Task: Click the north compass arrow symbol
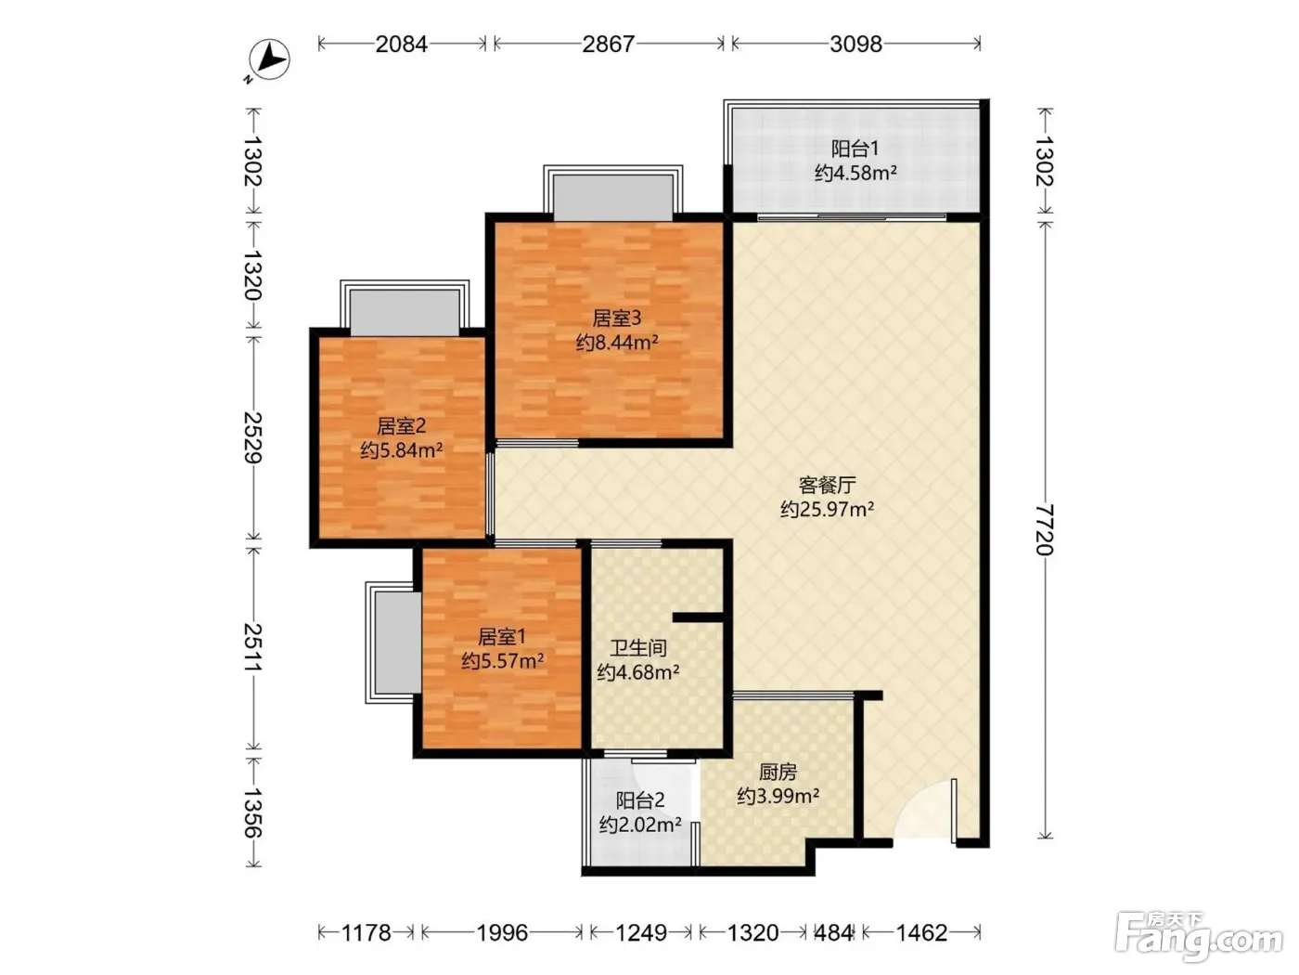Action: pyautogui.click(x=269, y=59)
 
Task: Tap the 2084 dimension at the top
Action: pyautogui.click(x=401, y=44)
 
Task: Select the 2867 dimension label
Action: pyautogui.click(x=609, y=44)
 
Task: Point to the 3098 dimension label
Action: pyautogui.click(x=855, y=44)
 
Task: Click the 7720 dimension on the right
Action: pyautogui.click(x=1045, y=530)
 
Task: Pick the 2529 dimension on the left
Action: pyautogui.click(x=253, y=437)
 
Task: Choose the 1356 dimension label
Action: pyautogui.click(x=253, y=812)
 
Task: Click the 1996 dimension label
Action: pyautogui.click(x=503, y=933)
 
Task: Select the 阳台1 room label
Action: pyautogui.click(x=855, y=148)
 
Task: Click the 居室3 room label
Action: pyautogui.click(x=617, y=318)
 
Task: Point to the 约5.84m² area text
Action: pyautogui.click(x=401, y=450)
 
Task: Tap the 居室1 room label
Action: pyautogui.click(x=502, y=637)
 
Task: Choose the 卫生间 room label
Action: pyautogui.click(x=638, y=648)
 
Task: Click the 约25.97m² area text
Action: pyautogui.click(x=827, y=509)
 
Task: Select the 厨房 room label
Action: pyautogui.click(x=778, y=772)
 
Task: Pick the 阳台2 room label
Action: pyautogui.click(x=640, y=800)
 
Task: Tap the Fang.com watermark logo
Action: pyautogui.click(x=1199, y=937)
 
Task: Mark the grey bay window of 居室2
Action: pyautogui.click(x=405, y=313)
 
